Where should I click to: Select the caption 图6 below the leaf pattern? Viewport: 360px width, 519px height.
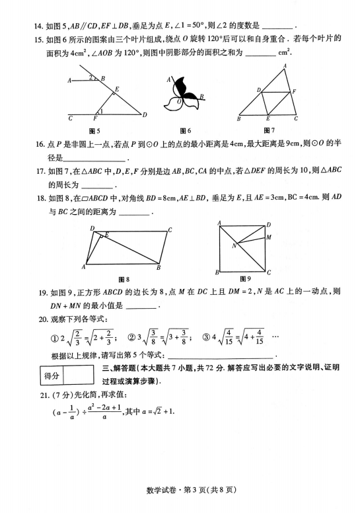point(185,130)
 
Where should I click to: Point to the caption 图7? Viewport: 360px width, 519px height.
point(269,130)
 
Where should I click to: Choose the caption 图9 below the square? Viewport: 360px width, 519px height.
point(245,278)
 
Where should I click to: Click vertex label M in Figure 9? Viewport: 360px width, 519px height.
point(269,237)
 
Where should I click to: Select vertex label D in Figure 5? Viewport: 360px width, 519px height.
point(145,115)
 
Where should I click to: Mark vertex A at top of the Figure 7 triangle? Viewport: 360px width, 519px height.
point(285,66)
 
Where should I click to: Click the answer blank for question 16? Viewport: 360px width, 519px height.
point(94,159)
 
